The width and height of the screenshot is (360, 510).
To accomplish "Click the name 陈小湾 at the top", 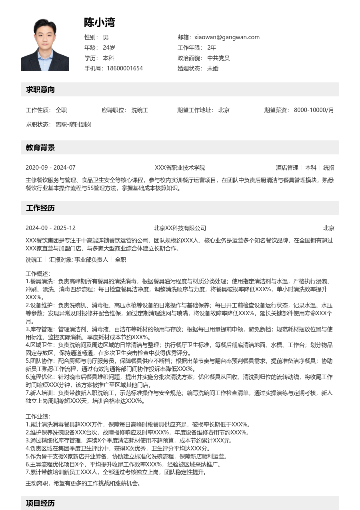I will [99, 23].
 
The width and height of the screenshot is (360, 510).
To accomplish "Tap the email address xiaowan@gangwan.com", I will [227, 37].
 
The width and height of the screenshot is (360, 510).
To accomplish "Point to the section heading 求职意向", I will [40, 90].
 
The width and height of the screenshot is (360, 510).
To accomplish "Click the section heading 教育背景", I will [40, 148].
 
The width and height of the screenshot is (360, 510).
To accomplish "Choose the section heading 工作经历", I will [40, 208].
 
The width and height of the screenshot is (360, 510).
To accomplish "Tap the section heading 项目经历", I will [40, 503].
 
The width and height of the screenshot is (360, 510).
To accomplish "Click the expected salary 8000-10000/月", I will [314, 110].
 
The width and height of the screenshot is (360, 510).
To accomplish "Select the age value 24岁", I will [109, 48].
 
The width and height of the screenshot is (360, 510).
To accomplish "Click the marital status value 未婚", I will [212, 68].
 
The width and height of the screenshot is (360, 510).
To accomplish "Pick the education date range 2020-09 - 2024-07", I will [50, 168].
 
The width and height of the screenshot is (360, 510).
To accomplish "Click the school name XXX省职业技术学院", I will [180, 168].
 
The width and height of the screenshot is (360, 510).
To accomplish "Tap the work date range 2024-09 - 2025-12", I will [50, 228].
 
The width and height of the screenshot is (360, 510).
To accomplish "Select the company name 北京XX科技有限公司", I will [180, 228].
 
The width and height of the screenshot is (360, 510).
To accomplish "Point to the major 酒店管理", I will [287, 168].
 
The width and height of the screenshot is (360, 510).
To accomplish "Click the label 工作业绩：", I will [38, 416].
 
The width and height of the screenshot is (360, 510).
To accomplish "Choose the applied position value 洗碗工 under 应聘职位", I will [140, 110].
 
